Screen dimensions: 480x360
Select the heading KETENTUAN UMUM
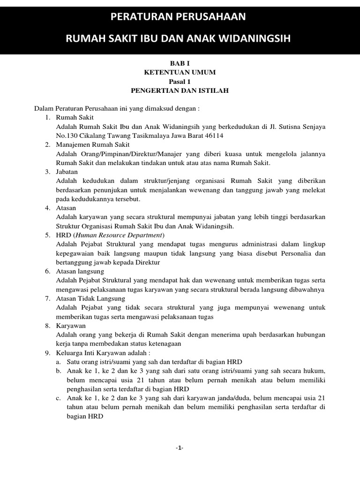click(x=180, y=73)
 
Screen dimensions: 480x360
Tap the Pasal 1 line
click(x=180, y=82)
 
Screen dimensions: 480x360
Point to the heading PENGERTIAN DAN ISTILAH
click(x=180, y=90)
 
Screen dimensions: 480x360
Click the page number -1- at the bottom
click(x=180, y=448)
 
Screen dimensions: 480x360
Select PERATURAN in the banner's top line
click(x=141, y=17)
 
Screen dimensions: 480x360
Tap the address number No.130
click(x=67, y=136)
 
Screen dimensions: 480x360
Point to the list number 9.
click(x=47, y=352)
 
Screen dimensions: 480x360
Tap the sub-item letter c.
click(x=58, y=397)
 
